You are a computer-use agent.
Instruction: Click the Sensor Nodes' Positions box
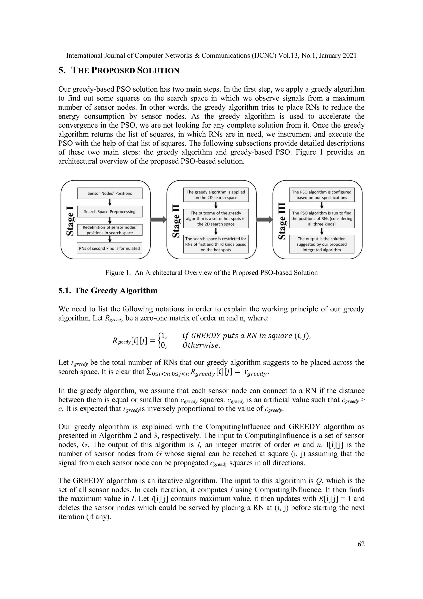110,193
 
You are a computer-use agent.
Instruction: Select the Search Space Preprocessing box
110,212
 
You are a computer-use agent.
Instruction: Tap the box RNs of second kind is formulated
110,248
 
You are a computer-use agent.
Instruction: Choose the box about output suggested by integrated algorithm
322,244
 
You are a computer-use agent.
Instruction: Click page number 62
361,544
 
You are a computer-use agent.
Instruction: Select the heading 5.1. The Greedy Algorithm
108,291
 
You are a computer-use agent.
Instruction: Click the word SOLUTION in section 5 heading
158,71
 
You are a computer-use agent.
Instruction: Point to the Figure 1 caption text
211,273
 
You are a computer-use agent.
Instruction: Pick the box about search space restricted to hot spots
216,244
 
